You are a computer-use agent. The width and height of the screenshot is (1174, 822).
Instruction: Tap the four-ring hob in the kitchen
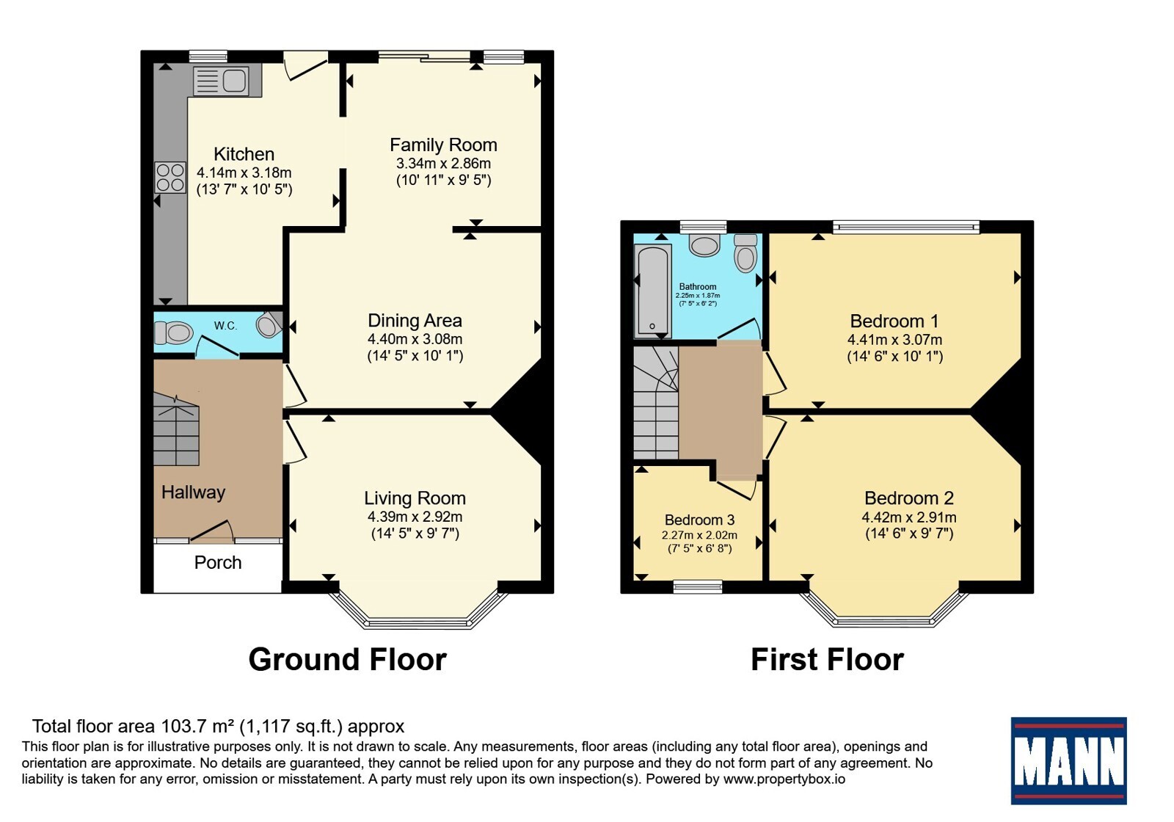click(170, 178)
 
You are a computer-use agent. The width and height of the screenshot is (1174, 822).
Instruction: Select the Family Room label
click(443, 145)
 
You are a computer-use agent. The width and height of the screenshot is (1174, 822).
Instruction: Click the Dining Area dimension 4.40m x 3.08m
click(415, 339)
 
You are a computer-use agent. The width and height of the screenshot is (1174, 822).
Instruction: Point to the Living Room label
click(415, 498)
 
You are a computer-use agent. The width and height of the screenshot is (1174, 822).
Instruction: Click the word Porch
click(218, 562)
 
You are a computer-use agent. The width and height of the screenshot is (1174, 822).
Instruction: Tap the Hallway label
click(194, 492)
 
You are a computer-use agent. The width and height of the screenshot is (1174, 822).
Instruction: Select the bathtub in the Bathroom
click(653, 291)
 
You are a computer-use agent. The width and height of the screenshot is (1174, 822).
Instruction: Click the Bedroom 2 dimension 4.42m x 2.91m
click(909, 517)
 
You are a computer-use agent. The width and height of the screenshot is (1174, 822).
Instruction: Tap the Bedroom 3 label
click(700, 520)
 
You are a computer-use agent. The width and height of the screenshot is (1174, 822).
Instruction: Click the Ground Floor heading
click(348, 660)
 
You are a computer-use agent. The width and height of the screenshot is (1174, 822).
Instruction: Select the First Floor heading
click(828, 660)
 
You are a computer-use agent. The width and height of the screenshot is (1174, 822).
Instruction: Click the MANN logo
click(1068, 760)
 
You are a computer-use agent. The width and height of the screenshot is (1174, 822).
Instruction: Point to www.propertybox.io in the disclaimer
click(784, 779)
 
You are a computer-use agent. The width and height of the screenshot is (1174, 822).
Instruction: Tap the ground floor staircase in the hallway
click(176, 430)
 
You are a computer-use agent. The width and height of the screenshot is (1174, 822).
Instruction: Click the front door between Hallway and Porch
click(212, 531)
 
